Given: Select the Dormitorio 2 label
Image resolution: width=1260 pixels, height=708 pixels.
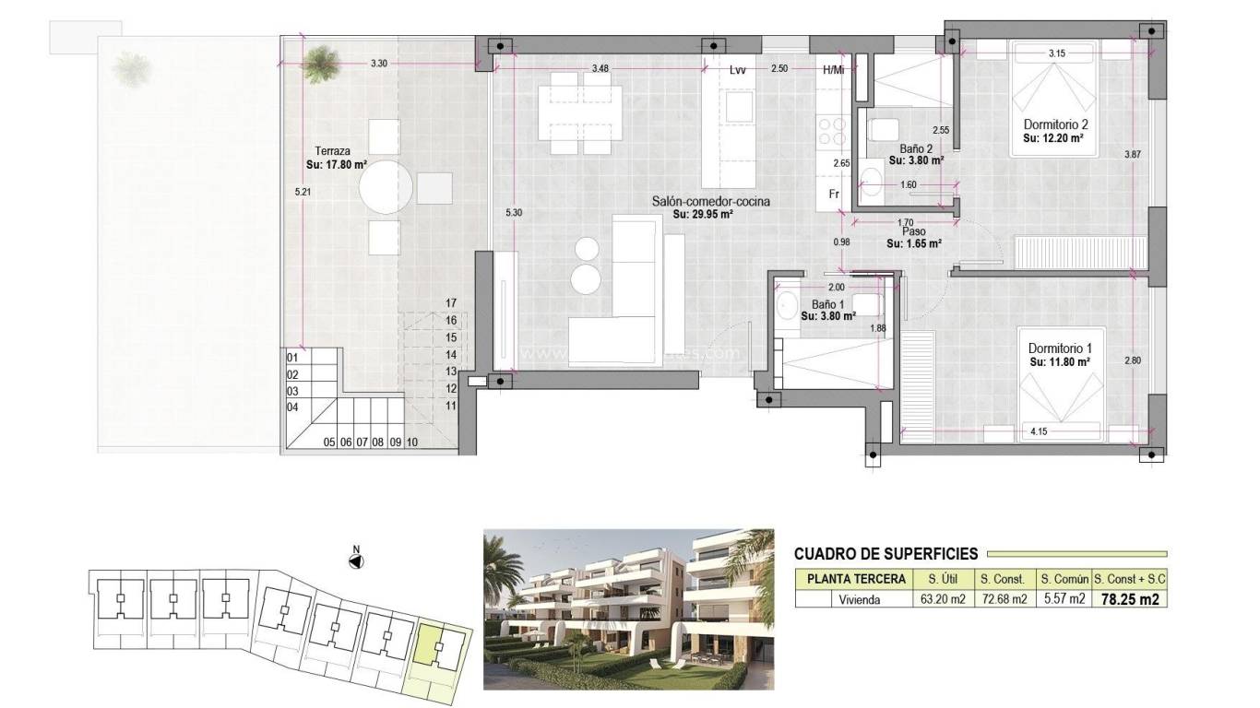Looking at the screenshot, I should click(x=1056, y=124).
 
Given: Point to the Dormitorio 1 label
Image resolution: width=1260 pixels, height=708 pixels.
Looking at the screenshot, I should click(x=1060, y=348).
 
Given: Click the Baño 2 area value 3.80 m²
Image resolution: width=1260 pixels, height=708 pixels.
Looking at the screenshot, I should click(x=915, y=159).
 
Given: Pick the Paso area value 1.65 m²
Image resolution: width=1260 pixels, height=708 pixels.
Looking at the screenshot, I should click(x=913, y=244).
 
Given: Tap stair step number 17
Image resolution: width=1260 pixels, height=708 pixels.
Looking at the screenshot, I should click(x=451, y=303).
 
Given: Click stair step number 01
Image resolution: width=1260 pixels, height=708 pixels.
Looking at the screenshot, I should click(x=292, y=358).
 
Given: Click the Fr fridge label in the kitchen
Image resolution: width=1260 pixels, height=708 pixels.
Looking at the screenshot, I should click(x=833, y=195).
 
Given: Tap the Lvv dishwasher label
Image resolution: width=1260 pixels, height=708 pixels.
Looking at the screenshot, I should click(x=736, y=69).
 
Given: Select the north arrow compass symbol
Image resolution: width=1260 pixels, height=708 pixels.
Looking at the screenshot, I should click(x=356, y=560).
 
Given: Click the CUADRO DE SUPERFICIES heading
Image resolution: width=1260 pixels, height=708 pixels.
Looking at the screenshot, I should click(x=886, y=554).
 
